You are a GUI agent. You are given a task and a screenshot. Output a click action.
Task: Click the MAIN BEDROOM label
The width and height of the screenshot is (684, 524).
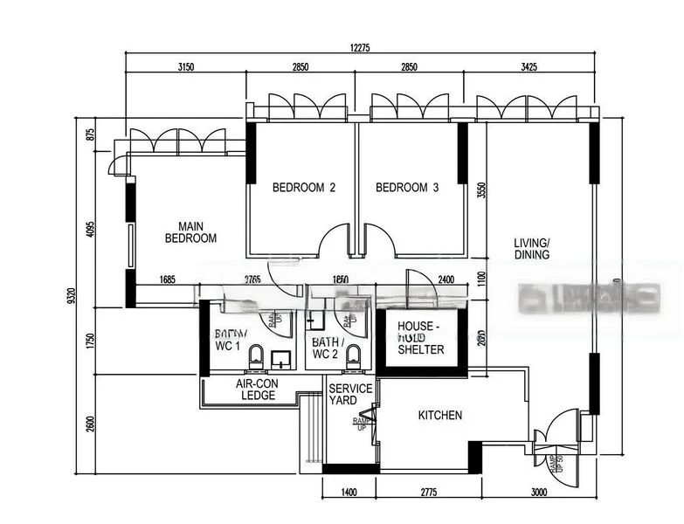(x=190, y=231)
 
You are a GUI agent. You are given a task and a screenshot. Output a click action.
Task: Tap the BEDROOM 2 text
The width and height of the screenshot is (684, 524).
(x=303, y=188)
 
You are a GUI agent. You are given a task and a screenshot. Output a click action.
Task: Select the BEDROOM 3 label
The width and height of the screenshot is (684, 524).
(x=407, y=188)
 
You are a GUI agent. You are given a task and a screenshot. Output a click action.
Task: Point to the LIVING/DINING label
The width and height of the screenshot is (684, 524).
(x=532, y=249)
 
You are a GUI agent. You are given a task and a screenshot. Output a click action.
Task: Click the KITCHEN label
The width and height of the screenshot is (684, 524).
(x=440, y=416)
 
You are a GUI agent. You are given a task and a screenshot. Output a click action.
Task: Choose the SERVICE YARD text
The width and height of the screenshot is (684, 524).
(x=350, y=395)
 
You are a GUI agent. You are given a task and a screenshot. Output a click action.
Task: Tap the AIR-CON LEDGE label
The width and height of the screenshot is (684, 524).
(x=256, y=390)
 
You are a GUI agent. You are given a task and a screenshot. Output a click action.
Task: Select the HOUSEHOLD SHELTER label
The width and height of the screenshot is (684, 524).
(x=421, y=338)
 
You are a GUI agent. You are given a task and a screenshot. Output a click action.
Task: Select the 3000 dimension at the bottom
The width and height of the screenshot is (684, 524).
(x=539, y=493)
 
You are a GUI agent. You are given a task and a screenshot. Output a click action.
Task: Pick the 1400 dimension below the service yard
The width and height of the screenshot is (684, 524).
(x=349, y=493)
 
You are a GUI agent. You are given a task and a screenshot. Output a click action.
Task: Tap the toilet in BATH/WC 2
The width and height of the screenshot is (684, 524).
(x=353, y=355)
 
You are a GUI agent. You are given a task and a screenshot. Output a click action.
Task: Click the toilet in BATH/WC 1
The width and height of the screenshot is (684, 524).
(x=256, y=355)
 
